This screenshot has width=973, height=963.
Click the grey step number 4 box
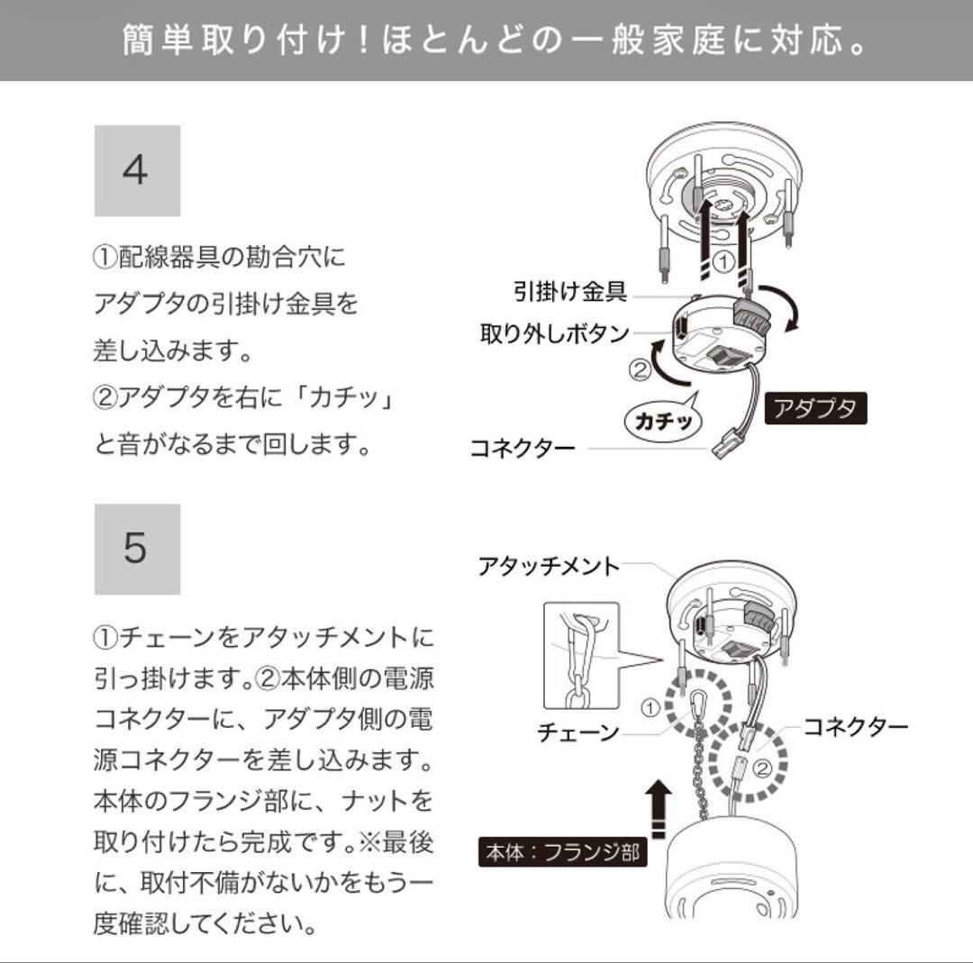coord(137,170)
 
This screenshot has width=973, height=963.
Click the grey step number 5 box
coord(137,549)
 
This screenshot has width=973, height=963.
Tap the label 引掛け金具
coord(569,291)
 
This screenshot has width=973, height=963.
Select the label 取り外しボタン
coord(554,334)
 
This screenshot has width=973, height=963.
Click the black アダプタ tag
coord(815,410)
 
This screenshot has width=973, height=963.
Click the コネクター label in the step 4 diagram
coord(523,448)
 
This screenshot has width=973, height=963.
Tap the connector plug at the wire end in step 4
coord(728,443)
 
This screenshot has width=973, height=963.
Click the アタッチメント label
coord(549,566)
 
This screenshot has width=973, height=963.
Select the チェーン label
coord(577,732)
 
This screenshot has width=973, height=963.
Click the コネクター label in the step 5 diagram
coord(856,726)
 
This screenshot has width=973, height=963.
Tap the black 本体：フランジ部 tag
coord(563,851)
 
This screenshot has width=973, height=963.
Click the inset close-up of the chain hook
coord(582,655)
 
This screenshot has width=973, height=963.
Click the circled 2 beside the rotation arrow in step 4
coord(638,368)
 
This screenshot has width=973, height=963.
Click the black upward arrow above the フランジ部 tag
coord(660,804)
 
